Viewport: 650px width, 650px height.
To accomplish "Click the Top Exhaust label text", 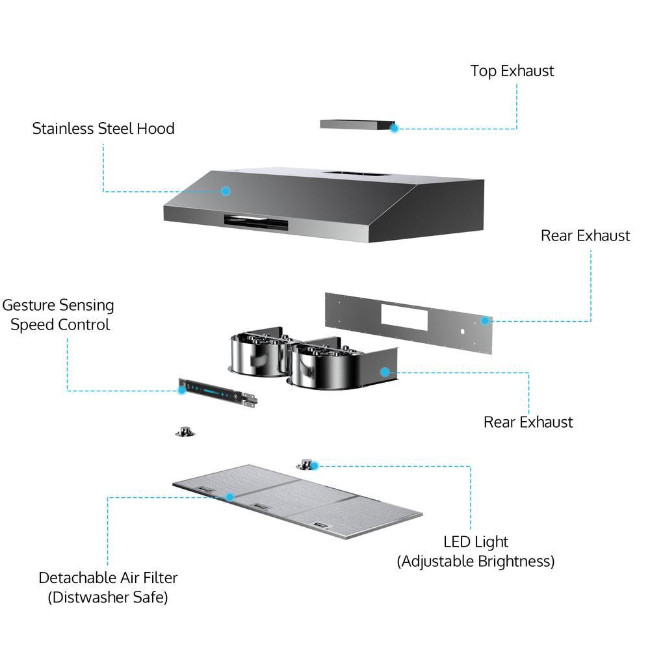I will (512, 71).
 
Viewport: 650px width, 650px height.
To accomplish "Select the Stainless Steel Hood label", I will (103, 128).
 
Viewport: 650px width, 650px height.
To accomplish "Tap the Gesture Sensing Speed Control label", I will (58, 315).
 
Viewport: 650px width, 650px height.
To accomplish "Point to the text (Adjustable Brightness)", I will (475, 561).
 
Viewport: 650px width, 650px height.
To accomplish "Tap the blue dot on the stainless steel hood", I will (226, 191).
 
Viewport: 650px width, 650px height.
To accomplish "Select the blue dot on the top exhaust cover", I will (394, 128).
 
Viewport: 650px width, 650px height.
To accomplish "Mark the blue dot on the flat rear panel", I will (484, 320).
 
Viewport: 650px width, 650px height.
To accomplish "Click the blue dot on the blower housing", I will (385, 372).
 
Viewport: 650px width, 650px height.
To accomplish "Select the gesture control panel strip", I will (218, 394).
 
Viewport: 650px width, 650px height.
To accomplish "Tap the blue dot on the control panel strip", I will (183, 390).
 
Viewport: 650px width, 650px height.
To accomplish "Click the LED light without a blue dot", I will (187, 431).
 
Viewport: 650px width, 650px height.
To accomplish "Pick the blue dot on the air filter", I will (229, 497).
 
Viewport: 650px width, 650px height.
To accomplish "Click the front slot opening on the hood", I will (256, 222).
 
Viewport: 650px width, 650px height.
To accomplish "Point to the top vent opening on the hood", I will (355, 174).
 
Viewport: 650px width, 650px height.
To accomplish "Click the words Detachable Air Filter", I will (108, 577).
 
